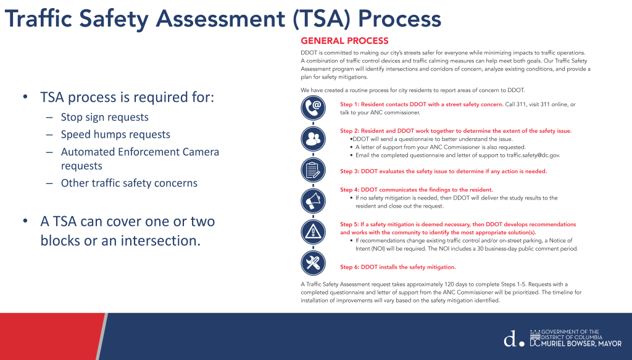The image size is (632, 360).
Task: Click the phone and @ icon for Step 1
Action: (313, 107)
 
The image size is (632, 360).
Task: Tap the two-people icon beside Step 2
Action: (313, 139)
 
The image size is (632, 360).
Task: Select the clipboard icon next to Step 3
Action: (313, 170)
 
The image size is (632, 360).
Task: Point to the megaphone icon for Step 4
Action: (313, 201)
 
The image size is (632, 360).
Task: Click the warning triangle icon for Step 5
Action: (313, 232)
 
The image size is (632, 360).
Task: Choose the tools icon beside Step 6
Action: (313, 263)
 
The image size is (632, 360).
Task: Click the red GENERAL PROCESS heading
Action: (344, 41)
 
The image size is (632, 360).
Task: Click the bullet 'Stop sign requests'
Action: (105, 117)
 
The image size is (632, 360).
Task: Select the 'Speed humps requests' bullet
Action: (115, 135)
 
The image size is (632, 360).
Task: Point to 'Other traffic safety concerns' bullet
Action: (130, 183)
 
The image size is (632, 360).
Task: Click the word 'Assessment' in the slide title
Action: (220, 19)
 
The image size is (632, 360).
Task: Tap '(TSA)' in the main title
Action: (321, 19)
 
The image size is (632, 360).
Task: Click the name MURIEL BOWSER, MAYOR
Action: (581, 344)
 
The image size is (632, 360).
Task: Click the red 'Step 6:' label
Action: (349, 267)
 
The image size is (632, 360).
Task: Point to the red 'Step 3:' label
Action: (349, 171)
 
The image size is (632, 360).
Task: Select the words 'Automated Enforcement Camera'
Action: (140, 152)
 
